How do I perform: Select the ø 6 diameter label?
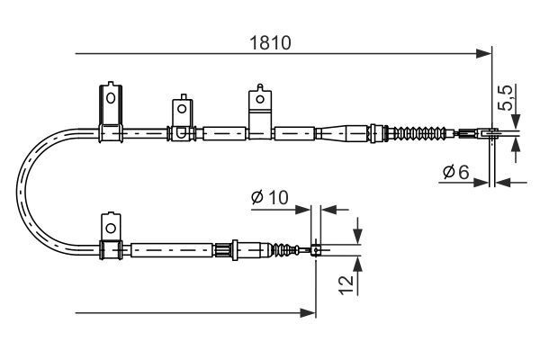[456, 171]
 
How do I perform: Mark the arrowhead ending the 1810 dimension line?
[485, 54]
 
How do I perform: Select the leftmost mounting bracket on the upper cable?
[110, 112]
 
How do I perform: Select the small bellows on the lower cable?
[290, 248]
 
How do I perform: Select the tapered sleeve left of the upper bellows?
[342, 134]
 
